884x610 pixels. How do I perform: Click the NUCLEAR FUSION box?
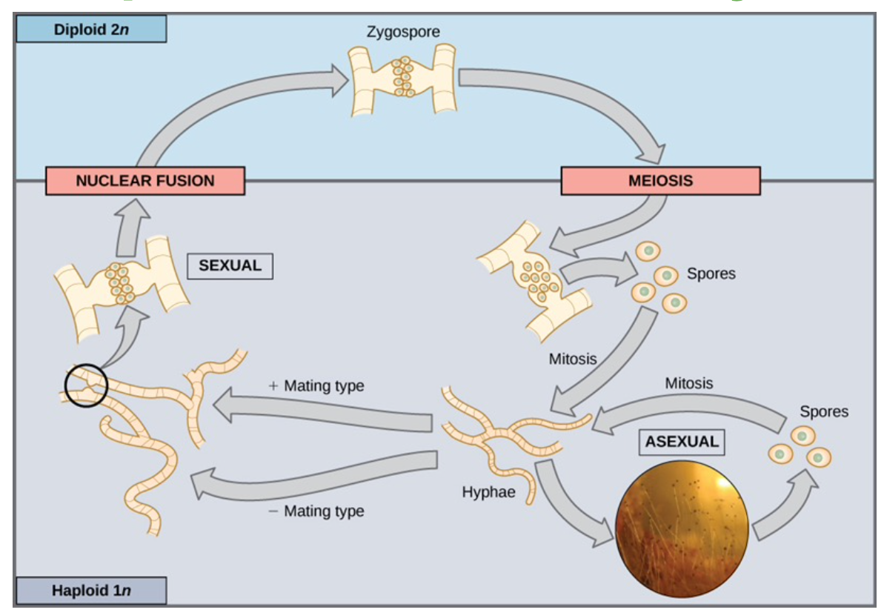144,180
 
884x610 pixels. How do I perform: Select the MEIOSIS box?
659,180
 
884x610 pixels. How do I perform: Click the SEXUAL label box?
230,265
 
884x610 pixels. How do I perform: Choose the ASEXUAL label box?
682,441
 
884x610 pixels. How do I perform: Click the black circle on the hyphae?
86,386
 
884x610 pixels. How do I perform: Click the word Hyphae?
488,491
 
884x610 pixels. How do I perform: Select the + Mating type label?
316,386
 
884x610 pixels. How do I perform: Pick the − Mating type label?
316,511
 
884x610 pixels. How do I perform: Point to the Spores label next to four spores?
711,273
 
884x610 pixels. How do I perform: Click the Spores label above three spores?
824,411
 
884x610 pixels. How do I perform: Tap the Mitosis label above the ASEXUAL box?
689,383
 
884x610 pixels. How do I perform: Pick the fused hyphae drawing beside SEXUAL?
121,285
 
